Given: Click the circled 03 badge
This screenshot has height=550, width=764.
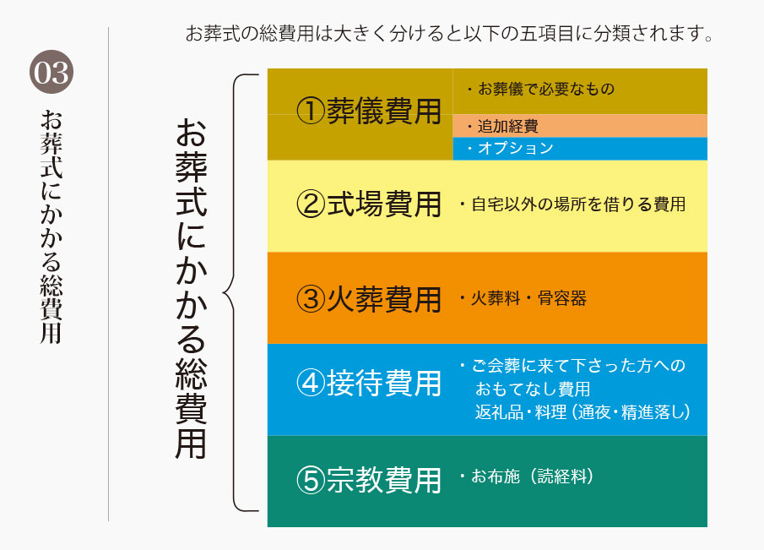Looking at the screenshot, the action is (x=51, y=72).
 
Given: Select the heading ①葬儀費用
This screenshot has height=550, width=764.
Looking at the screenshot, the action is (x=369, y=112).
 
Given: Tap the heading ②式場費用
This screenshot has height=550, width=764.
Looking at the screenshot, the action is (x=369, y=204).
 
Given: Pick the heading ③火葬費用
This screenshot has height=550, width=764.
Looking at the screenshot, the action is (x=369, y=299).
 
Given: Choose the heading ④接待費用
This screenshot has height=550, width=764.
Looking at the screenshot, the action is (x=369, y=384).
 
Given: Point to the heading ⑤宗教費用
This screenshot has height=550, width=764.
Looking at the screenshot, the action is (x=369, y=480).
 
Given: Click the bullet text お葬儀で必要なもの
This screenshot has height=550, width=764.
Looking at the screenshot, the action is (x=546, y=89).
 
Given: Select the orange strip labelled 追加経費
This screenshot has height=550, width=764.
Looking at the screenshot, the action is (x=580, y=126).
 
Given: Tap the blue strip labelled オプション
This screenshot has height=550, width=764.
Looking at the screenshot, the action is (x=580, y=149).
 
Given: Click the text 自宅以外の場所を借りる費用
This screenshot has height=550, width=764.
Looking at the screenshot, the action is (x=578, y=204).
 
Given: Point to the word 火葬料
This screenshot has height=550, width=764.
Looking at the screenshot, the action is (x=496, y=298).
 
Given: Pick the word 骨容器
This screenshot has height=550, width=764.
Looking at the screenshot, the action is (x=562, y=298).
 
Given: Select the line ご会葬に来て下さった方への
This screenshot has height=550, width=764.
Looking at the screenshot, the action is (x=578, y=366).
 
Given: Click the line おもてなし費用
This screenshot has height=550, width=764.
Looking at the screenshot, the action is (x=533, y=389).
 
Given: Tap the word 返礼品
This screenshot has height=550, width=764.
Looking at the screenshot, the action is (x=499, y=412).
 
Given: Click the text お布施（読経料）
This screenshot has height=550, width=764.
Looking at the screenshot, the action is (x=533, y=476).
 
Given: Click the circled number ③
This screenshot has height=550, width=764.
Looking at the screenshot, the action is (x=311, y=299).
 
